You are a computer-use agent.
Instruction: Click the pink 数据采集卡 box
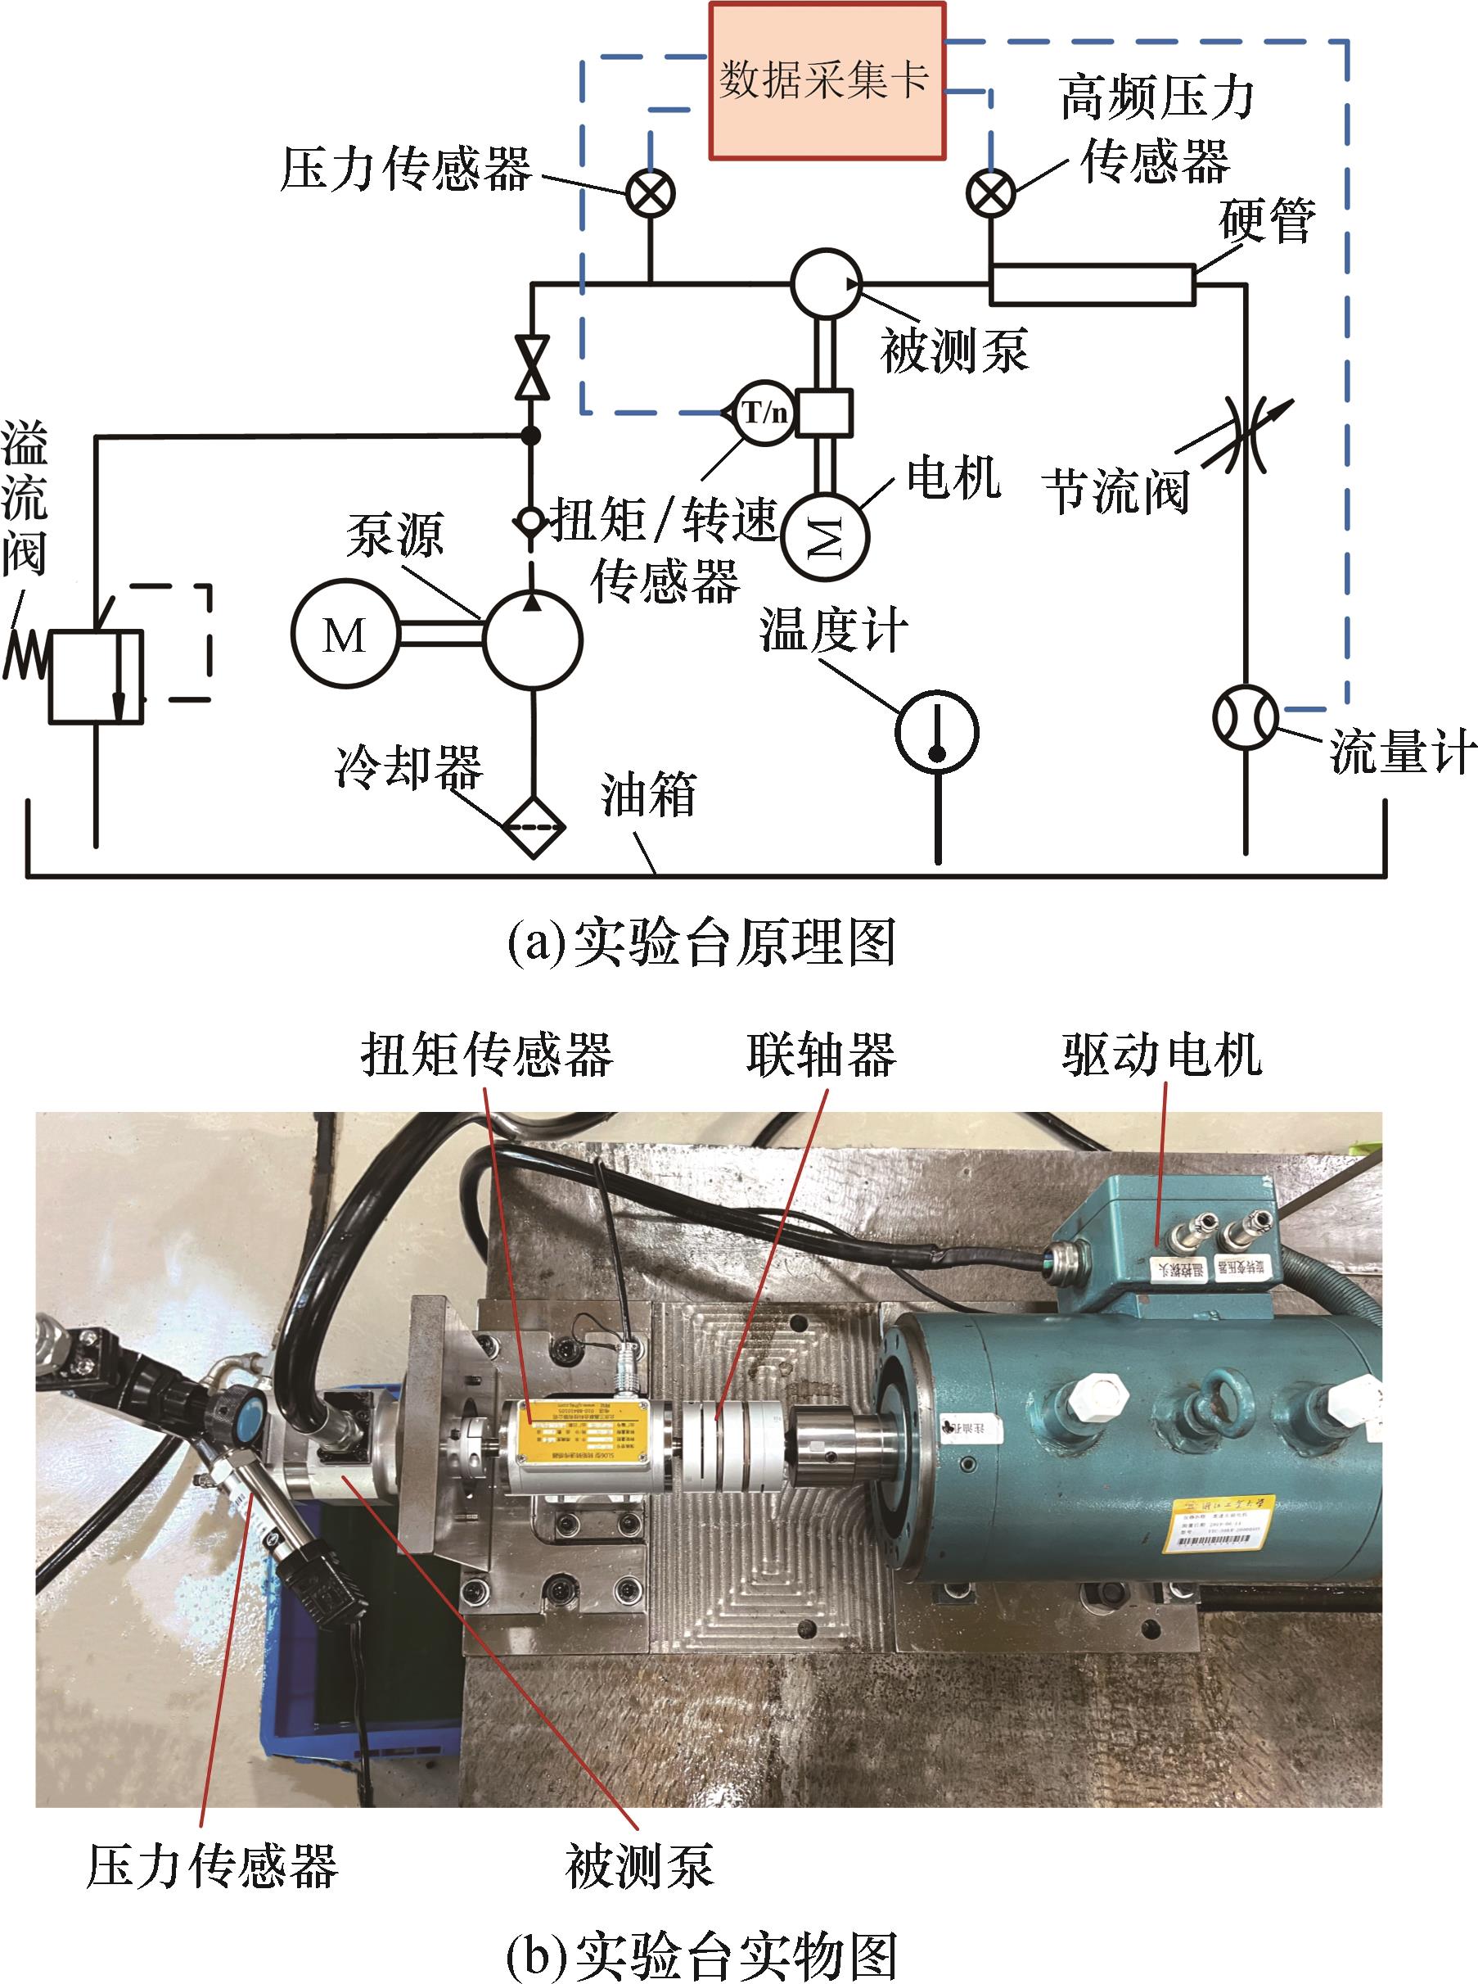[827, 81]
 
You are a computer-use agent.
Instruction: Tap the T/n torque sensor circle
[764, 413]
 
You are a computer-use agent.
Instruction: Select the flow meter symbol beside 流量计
[1246, 716]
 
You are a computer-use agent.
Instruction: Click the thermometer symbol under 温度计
[937, 732]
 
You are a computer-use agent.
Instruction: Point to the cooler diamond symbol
[534, 827]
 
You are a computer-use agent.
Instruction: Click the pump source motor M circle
[345, 635]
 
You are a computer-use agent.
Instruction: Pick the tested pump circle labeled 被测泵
[825, 283]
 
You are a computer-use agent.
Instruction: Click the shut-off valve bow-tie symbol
[532, 367]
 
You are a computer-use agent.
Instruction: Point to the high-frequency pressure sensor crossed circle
[990, 192]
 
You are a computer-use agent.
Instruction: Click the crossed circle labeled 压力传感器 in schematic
[651, 193]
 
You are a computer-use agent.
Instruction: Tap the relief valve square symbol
[96, 676]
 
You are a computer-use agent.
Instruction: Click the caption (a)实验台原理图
[701, 942]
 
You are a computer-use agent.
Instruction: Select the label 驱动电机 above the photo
[1161, 1053]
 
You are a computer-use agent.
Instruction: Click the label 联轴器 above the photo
[820, 1053]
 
